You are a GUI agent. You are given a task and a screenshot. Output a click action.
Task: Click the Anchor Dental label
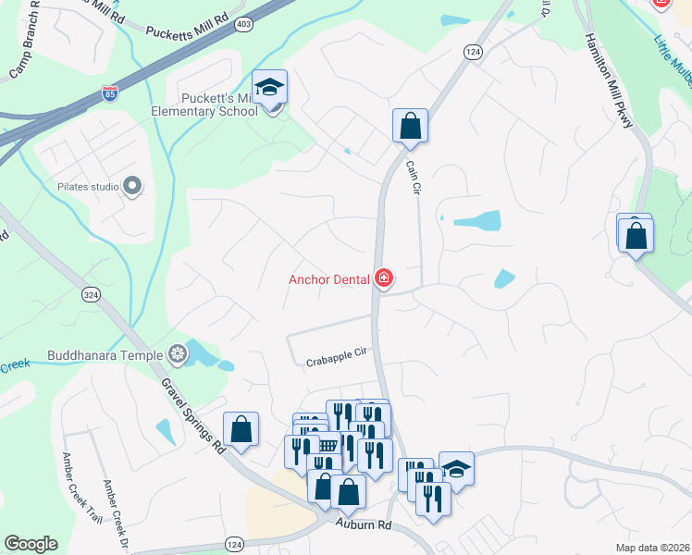click(328, 278)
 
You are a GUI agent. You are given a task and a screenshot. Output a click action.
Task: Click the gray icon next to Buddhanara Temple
click(177, 353)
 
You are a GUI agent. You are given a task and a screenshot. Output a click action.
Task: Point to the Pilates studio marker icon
click(132, 187)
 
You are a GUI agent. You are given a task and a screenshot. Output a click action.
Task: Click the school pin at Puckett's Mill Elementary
click(269, 88)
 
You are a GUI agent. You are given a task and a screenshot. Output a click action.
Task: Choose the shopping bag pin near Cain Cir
click(410, 126)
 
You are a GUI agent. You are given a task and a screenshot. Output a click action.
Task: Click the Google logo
click(31, 544)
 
